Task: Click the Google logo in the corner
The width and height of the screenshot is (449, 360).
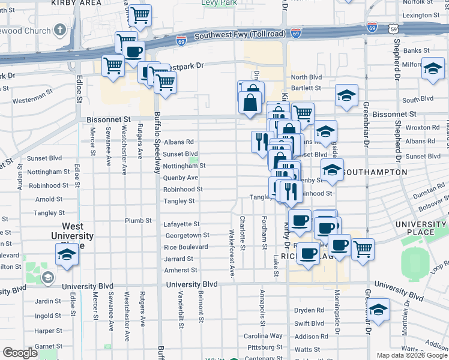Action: (x=20, y=353)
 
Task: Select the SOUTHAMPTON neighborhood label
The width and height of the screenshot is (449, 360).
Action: (x=376, y=172)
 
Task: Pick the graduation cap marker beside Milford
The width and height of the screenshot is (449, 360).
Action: (x=432, y=70)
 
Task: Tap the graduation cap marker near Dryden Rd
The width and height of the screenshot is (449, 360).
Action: (x=378, y=310)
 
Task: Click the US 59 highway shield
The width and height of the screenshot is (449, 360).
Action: (x=393, y=28)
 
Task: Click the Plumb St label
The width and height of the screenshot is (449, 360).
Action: (x=138, y=221)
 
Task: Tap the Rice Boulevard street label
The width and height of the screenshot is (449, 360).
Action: (x=186, y=247)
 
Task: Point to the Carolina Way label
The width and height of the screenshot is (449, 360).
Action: (x=262, y=336)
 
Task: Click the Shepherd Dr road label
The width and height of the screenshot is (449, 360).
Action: (x=397, y=61)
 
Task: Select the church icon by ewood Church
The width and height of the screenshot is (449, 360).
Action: (x=59, y=29)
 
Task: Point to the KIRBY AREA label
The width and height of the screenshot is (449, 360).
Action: (x=76, y=3)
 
